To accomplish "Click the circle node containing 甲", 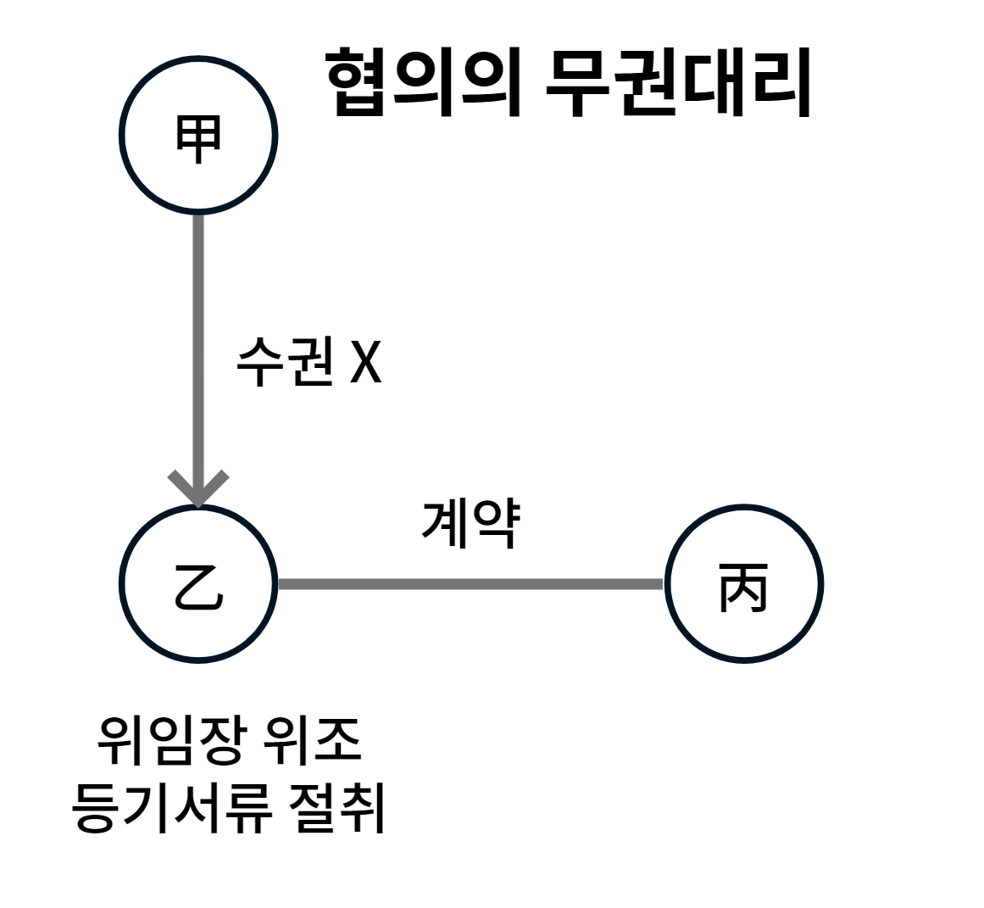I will coord(198,135).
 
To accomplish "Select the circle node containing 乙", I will coord(198,584).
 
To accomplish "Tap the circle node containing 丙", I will coord(743,584).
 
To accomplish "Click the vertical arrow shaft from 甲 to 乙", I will coord(198,339).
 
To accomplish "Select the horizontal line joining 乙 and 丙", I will coord(470,584).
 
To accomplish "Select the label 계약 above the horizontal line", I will coord(470,524).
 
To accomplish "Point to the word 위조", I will coord(325,739).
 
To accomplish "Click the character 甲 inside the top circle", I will coord(198,136).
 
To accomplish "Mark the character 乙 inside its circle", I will coord(198,586).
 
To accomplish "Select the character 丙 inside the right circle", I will coord(743,586).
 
